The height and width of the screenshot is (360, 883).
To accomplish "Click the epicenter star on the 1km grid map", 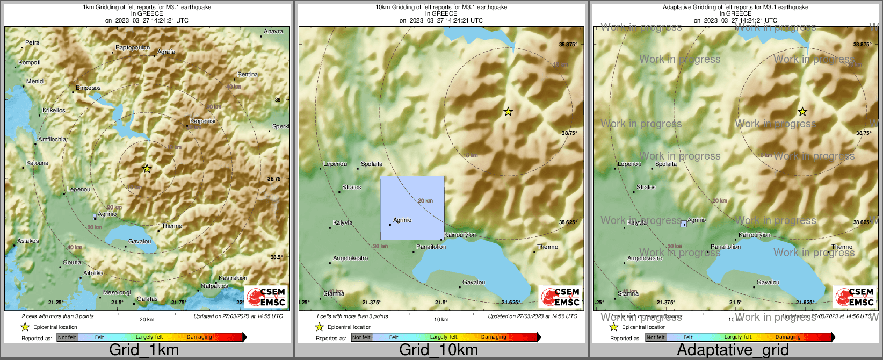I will pos(147,169).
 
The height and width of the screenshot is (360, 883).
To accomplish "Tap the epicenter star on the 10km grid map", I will pos(508,112).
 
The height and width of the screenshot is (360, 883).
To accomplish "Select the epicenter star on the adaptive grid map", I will pos(802,112).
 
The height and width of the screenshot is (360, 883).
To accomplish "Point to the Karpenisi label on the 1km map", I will pos(202,121).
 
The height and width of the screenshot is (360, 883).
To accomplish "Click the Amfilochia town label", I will pos(52,139).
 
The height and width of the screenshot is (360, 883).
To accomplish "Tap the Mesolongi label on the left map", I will pos(117,293).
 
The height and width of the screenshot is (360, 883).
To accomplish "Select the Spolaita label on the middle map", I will pos(372,164).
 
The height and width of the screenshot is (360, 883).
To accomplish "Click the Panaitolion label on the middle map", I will pos(431,247).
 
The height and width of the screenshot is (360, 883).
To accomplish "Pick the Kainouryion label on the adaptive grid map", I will pos(755,235).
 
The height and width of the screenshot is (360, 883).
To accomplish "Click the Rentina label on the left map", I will pos(248,74).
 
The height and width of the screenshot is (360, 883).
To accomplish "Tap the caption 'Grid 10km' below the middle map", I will pos(438,350).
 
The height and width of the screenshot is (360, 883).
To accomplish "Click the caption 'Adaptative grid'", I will pos(733,350).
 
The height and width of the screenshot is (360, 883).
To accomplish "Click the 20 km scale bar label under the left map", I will pos(147,319).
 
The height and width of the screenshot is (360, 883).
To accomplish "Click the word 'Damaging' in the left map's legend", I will pos(199,337).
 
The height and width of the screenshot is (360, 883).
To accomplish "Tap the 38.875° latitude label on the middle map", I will pos(568,45).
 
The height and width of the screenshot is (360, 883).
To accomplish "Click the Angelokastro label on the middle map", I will pos(350,258).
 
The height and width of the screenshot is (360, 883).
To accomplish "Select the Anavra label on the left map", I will pos(273,31).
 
